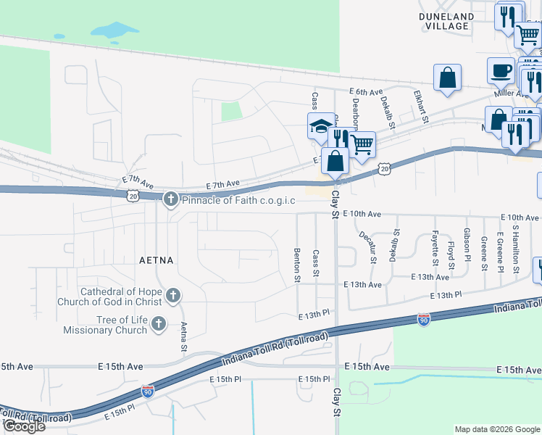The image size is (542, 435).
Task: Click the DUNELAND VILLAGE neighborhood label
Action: [444, 20]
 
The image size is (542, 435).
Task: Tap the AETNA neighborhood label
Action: [159, 259]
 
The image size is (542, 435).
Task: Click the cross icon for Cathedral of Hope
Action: [172, 295]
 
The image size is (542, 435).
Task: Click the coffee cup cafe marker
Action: [501, 71]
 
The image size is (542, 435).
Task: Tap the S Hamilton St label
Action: [516, 248]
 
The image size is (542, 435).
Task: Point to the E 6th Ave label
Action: [364, 92]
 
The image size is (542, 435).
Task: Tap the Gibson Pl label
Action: [467, 249]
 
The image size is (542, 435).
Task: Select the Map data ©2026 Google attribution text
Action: [496, 429]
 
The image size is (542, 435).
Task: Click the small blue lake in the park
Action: [114, 30]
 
